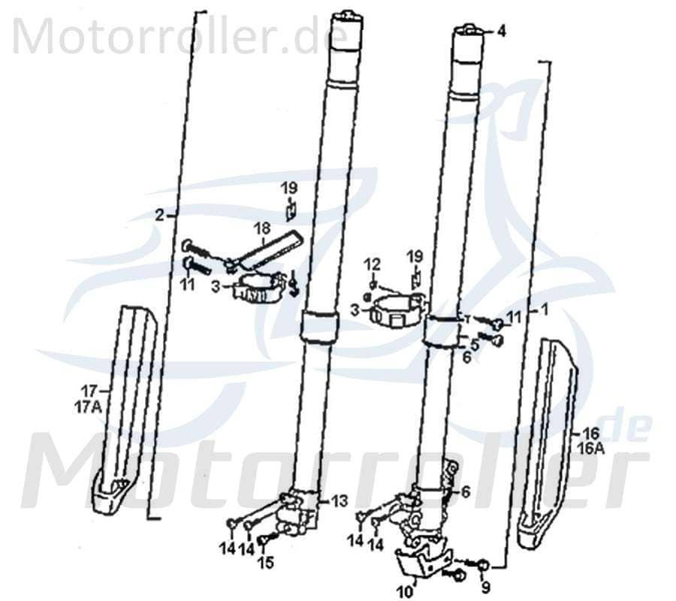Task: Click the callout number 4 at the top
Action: tap(501, 32)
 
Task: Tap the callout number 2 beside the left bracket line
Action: tap(159, 215)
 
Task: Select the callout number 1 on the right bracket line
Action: tap(545, 309)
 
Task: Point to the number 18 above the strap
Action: tap(261, 228)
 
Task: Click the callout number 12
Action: tap(373, 264)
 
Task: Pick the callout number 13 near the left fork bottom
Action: tap(340, 500)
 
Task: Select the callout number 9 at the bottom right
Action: tap(485, 587)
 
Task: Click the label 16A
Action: tap(590, 447)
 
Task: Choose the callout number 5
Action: tap(475, 345)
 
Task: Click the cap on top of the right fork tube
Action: tap(468, 31)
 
